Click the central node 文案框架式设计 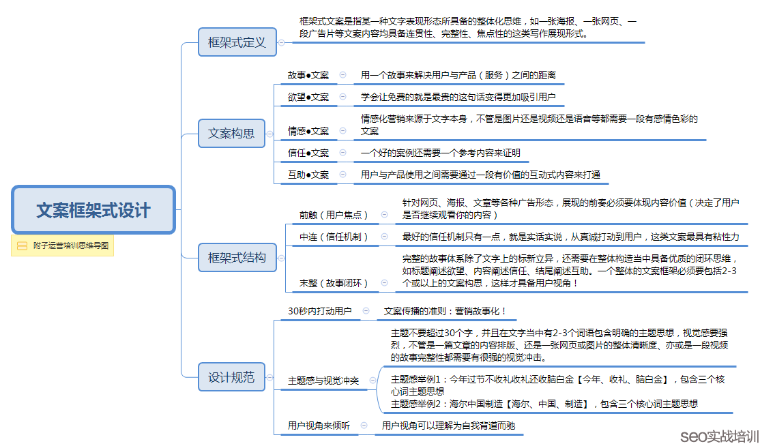coord(93,210)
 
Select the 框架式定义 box coord(237,42)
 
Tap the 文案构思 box coord(231,133)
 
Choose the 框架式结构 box coord(237,257)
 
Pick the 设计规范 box coord(231,376)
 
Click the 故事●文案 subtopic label coord(308,75)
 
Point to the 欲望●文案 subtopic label coord(308,97)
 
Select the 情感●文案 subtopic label coord(308,131)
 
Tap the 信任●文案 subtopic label coord(308,153)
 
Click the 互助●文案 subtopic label coord(308,175)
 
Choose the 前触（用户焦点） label coord(334,215)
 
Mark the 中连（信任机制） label coord(334,237)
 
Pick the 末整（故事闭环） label coord(334,283)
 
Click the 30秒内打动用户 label coord(320,311)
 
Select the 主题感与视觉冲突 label coord(323,381)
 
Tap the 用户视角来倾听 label coord(319,425)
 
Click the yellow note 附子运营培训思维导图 coord(63,246)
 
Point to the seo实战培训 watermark coord(719,435)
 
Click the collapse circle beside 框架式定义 coord(281,42)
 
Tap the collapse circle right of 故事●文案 coord(342,74)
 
